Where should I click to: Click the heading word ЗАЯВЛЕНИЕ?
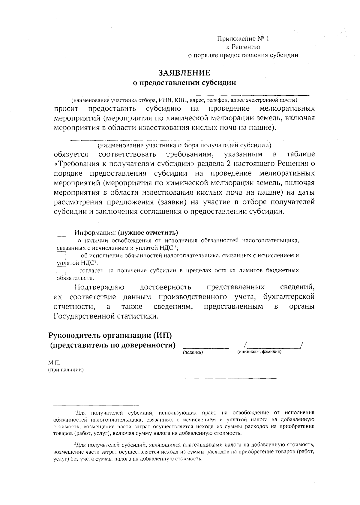pyautogui.click(x=184, y=73)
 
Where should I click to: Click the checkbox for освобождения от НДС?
pyautogui.click(x=61, y=241)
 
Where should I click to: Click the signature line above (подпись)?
pyautogui.click(x=205, y=348)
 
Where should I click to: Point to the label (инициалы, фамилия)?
pyautogui.click(x=259, y=351)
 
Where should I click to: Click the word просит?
pyautogui.click(x=66, y=108)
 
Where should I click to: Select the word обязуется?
pyautogui.click(x=71, y=154)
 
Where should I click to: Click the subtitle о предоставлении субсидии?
pyautogui.click(x=184, y=83)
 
